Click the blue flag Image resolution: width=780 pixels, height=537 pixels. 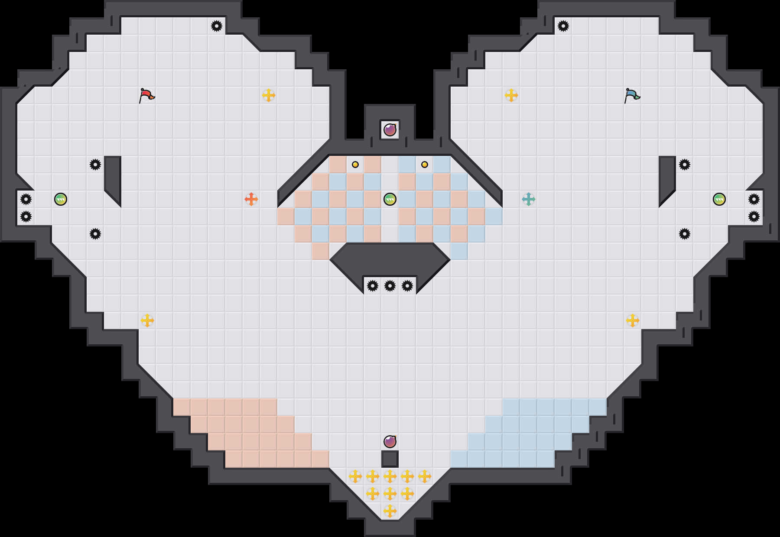(632, 95)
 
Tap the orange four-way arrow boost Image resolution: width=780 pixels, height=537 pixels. (251, 199)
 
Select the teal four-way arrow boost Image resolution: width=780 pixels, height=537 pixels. (529, 199)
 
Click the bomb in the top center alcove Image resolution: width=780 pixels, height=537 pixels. (390, 130)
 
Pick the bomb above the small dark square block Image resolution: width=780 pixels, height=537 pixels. (390, 442)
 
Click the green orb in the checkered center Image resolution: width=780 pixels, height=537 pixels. (390, 199)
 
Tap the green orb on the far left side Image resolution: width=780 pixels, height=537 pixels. (61, 199)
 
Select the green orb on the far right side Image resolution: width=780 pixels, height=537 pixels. (719, 199)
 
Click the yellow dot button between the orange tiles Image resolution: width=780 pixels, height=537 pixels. (355, 165)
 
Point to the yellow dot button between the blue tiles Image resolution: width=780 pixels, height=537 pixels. (425, 165)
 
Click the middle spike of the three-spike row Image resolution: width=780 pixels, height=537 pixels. (390, 286)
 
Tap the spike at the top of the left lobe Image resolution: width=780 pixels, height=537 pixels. (217, 26)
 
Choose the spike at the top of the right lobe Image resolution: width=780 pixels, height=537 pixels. (563, 26)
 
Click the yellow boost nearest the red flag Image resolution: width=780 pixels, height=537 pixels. (269, 95)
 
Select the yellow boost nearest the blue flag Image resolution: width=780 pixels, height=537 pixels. (511, 95)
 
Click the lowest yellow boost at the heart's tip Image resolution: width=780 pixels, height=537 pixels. (390, 511)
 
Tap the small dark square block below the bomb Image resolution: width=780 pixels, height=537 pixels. (390, 459)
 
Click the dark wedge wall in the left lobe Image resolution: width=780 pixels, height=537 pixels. (113, 178)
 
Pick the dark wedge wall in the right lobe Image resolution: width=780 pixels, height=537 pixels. (667, 178)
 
